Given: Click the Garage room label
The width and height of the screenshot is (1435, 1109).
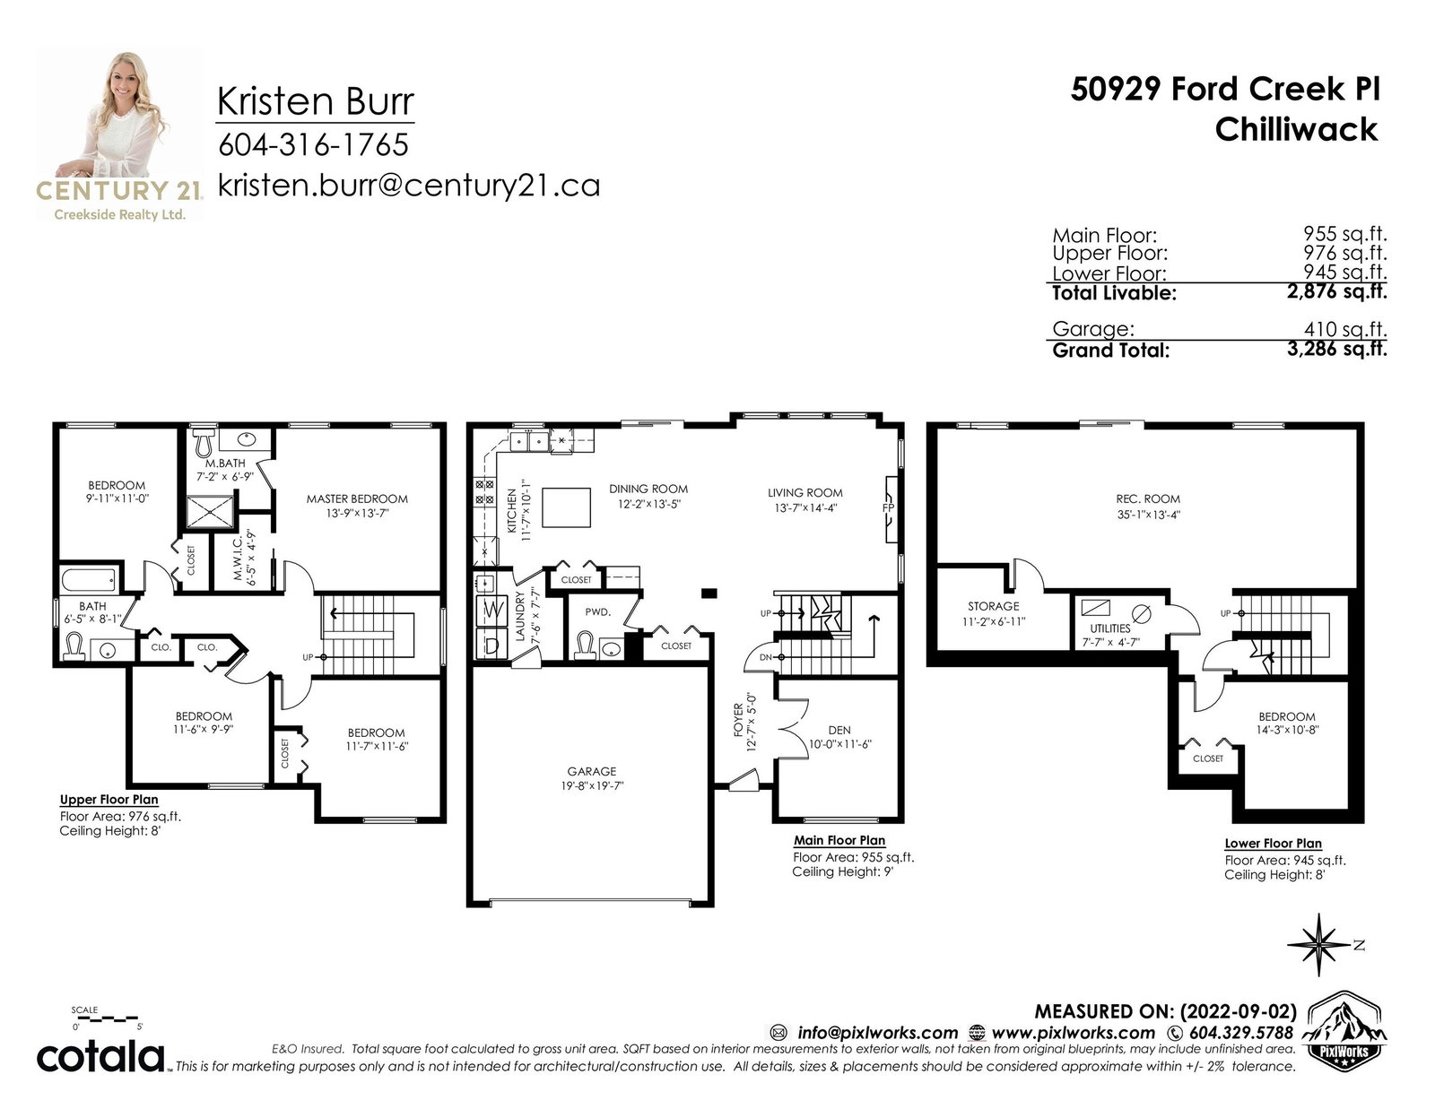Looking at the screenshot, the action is tap(591, 771).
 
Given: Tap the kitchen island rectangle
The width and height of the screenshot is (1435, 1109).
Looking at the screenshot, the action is tap(566, 507).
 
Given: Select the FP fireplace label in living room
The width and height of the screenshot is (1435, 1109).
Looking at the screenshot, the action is tap(888, 508).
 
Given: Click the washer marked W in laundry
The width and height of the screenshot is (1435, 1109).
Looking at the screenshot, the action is tap(491, 610).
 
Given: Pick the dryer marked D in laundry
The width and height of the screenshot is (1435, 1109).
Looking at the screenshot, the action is tap(491, 644).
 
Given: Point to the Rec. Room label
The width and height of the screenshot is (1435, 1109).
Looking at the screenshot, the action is tap(1148, 499).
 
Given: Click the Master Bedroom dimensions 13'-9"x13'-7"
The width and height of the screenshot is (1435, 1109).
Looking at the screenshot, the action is tap(357, 513).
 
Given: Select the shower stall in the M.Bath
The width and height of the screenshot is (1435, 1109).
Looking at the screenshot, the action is tap(210, 512).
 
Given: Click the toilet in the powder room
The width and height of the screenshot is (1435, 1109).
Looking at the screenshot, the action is tap(585, 645).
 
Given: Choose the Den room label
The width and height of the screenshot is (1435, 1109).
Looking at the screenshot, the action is tap(839, 730).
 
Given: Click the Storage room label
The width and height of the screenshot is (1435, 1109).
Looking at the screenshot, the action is tap(993, 606).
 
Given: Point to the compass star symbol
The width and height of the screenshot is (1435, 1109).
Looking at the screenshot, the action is tap(1318, 945).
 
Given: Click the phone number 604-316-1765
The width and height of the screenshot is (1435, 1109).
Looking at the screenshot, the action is tap(314, 144).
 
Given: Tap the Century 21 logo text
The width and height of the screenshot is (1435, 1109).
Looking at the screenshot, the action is tap(119, 190).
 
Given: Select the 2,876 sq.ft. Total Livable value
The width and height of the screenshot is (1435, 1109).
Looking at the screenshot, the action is tap(1336, 291).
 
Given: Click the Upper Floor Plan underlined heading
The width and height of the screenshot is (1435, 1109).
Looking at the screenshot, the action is tap(109, 800).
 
